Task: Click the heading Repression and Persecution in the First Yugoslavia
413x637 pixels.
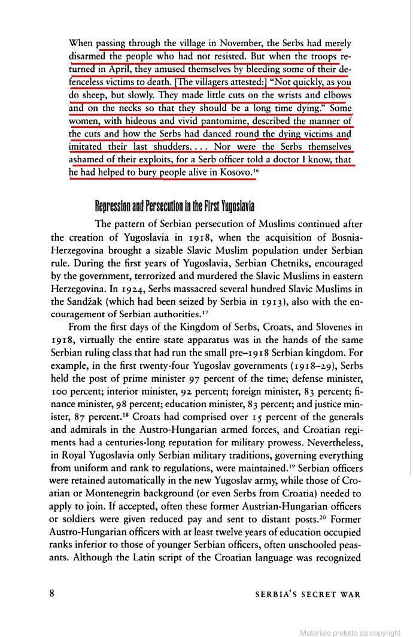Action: pos(175,207)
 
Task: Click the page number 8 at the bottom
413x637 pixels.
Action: pos(53,593)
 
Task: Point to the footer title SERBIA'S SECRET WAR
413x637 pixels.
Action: pos(308,594)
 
